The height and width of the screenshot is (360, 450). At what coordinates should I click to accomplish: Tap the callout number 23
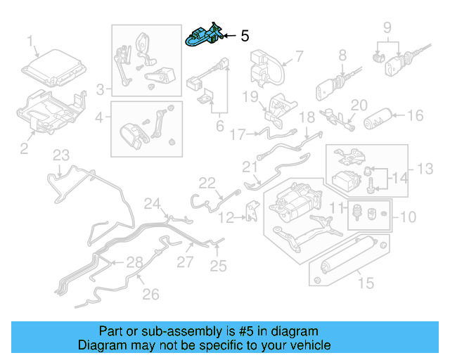pyautogui.click(x=61, y=155)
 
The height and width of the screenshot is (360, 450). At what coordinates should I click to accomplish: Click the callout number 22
pyautogui.click(x=206, y=183)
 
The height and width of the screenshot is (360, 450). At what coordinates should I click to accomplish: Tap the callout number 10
pyautogui.click(x=408, y=217)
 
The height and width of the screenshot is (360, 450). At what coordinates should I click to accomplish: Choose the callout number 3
pyautogui.click(x=101, y=89)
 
